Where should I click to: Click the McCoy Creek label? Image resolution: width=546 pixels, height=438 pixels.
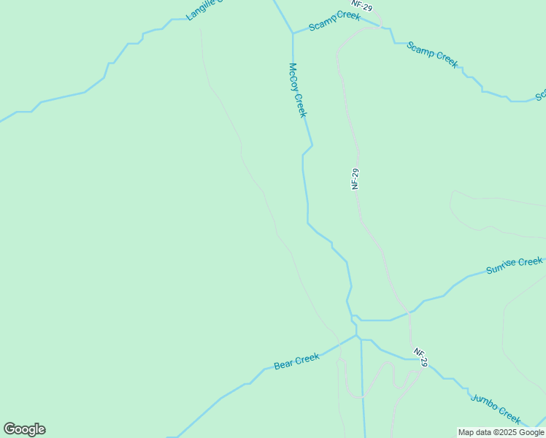tap(298, 90)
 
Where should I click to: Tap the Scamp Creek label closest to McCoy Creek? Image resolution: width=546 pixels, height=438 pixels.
tap(334, 21)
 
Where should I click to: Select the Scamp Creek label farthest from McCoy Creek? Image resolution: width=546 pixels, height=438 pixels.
tap(432, 55)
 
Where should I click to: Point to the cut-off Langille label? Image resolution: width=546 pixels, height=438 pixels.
tap(203, 10)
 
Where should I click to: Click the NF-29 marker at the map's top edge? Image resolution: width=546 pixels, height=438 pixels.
tap(357, 4)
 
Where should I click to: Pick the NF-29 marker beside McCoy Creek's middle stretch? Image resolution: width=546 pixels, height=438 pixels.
tap(355, 179)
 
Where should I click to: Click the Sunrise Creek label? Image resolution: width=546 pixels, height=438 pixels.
tap(515, 266)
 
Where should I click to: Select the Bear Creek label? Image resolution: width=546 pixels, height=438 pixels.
tap(296, 361)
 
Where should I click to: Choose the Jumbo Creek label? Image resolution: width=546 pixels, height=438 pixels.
tap(496, 408)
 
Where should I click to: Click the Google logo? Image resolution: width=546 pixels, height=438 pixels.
tap(24, 429)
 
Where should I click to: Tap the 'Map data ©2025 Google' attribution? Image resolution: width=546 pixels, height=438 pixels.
tap(501, 432)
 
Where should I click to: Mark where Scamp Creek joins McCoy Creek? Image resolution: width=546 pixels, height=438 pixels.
tap(293, 34)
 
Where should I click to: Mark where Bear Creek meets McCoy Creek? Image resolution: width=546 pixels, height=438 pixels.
tap(356, 337)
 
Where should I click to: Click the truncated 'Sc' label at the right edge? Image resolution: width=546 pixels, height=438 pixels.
tap(541, 96)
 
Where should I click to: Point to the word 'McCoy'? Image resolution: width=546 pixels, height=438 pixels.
tap(293, 76)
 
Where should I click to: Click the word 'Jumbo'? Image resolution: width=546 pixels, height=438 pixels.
tap(484, 401)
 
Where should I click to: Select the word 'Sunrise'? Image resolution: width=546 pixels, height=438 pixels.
tap(501, 268)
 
